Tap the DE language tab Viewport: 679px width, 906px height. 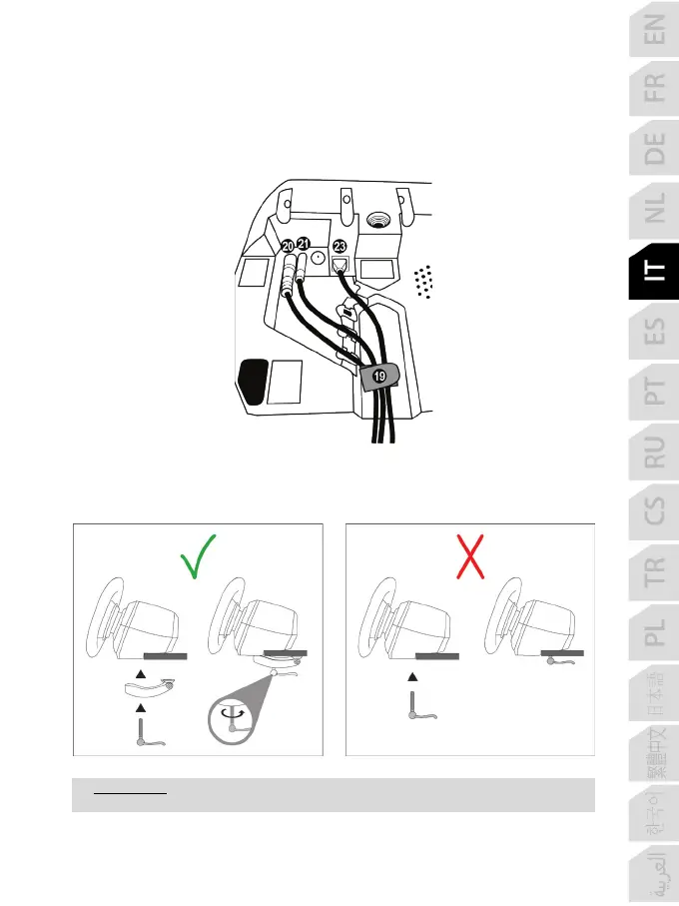pyautogui.click(x=654, y=150)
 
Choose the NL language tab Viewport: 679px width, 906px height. pyautogui.click(x=654, y=211)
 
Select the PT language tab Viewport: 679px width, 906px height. pyautogui.click(x=654, y=393)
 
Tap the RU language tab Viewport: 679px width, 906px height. pyautogui.click(x=654, y=453)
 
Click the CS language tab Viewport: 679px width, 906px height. pyautogui.click(x=654, y=514)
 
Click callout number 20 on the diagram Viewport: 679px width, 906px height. pyautogui.click(x=288, y=246)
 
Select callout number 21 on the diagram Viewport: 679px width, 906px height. pyautogui.click(x=305, y=243)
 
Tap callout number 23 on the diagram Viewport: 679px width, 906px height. pyautogui.click(x=339, y=246)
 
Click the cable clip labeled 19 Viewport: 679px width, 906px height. pyautogui.click(x=377, y=378)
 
